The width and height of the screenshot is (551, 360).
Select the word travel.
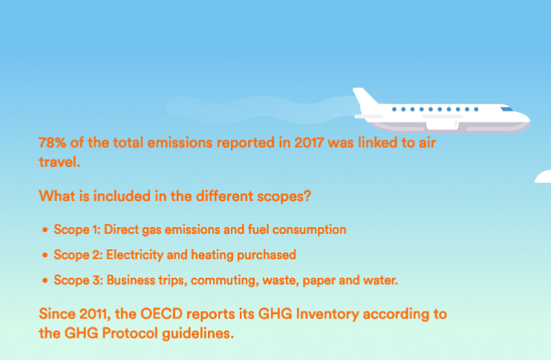[59, 162]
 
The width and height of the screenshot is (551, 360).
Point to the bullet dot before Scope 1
[45, 230]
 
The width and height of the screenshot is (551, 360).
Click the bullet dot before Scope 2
[45, 255]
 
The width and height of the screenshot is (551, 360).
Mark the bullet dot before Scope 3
[45, 281]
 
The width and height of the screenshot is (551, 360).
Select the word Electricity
[134, 255]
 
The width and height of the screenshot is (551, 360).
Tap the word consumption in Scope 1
[309, 230]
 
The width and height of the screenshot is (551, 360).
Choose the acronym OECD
[162, 314]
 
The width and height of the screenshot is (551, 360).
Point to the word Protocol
[130, 333]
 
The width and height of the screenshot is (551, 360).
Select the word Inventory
[327, 314]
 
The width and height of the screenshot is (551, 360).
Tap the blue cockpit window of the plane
[506, 109]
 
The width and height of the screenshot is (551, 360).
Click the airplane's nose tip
[529, 120]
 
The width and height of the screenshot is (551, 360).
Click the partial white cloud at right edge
[544, 177]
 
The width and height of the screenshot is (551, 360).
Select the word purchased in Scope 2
[267, 255]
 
